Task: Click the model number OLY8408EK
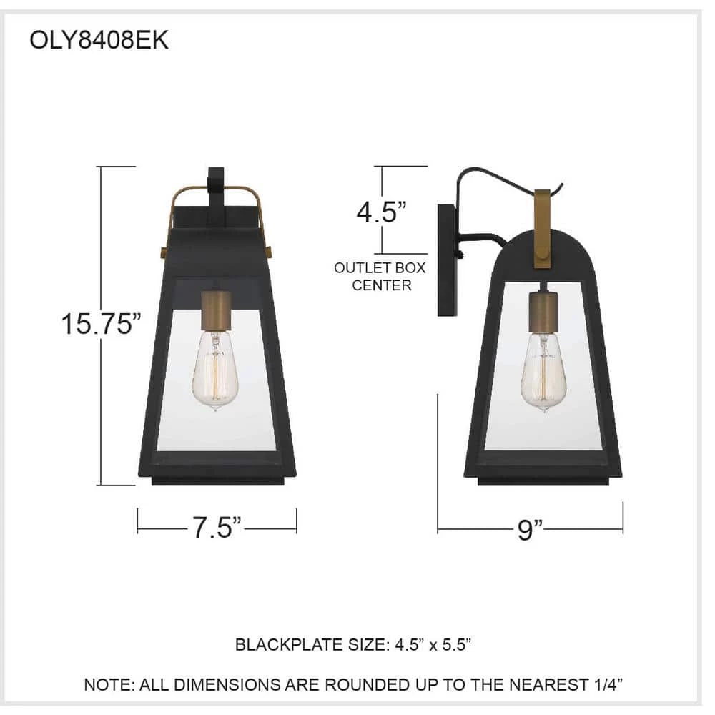pos(99,40)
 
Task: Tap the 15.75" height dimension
pos(102,324)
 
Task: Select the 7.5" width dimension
pos(216,527)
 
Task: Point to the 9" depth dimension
pos(530,529)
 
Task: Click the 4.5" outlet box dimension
pos(381,212)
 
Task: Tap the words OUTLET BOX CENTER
pos(380,276)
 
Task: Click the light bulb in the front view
pos(215,370)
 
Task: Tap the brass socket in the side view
pos(543,312)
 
